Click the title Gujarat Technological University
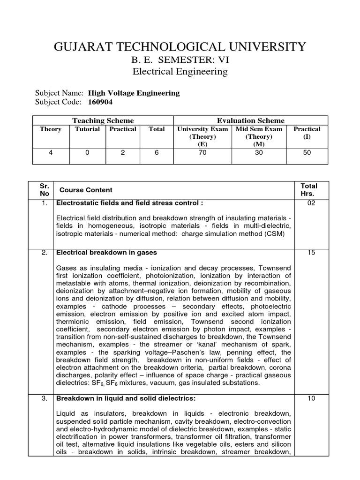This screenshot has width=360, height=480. [180, 47]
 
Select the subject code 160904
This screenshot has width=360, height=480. [100, 102]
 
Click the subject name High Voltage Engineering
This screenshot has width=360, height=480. [134, 93]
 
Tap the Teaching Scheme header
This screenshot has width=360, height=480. [103, 120]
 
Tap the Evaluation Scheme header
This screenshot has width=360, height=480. [250, 120]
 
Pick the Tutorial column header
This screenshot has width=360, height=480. [87, 129]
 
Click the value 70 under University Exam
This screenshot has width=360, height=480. [202, 153]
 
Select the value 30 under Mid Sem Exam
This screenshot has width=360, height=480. [259, 153]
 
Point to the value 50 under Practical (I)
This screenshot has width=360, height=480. [307, 153]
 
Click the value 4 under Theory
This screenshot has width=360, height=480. [51, 153]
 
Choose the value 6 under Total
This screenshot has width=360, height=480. [157, 153]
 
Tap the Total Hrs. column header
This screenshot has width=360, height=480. [309, 190]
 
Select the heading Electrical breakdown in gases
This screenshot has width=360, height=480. [106, 253]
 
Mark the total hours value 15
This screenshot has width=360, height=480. [311, 253]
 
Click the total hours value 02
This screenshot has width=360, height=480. [311, 203]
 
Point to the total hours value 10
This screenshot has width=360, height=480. [311, 398]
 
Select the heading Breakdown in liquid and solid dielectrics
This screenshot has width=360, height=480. [126, 398]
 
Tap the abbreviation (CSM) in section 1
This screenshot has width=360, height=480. [273, 233]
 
